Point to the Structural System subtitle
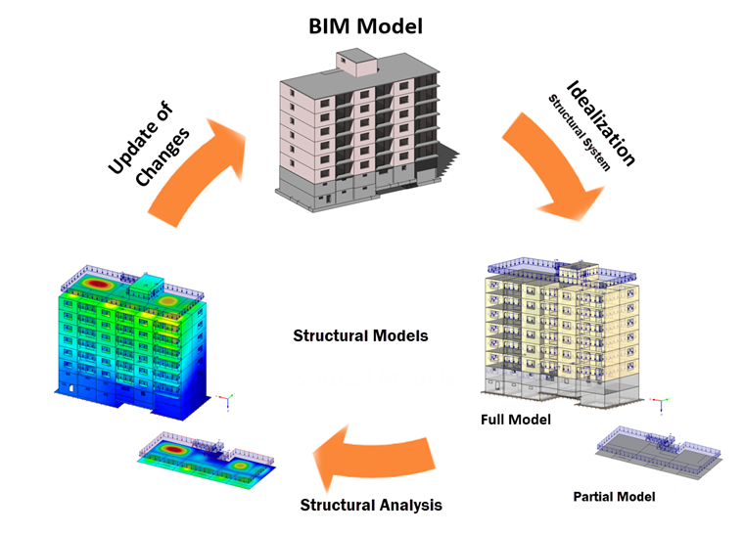pos(579,133)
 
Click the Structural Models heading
pos(360,335)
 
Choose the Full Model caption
pos(515,420)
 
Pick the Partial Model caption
pos(614,496)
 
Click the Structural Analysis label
pos(370,505)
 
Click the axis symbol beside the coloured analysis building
pos(227,398)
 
